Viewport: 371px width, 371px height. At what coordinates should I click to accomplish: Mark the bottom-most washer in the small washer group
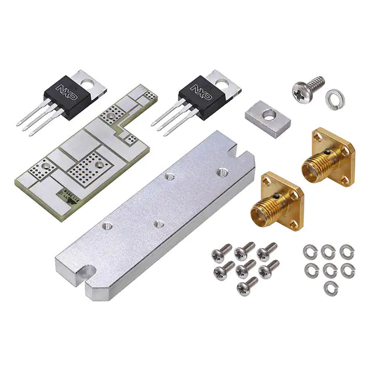click(329, 286)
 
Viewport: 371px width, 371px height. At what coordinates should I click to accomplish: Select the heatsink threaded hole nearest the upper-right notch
click(221, 172)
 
